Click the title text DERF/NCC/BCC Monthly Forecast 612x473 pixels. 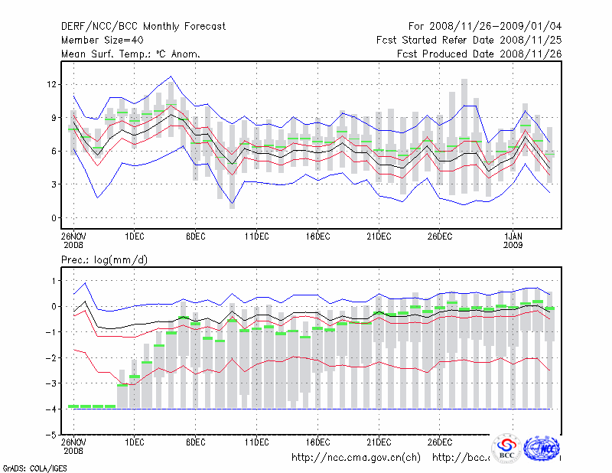click(x=143, y=27)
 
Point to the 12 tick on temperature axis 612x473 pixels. click(x=52, y=83)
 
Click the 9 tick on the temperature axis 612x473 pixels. click(x=54, y=117)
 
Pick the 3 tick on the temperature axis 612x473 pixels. click(x=54, y=184)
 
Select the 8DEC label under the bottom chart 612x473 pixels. click(x=195, y=442)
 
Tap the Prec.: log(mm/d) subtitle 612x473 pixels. click(x=105, y=261)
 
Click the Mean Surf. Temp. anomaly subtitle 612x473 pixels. click(x=131, y=54)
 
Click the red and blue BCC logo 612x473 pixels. click(x=506, y=449)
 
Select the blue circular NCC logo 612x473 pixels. click(x=545, y=448)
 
